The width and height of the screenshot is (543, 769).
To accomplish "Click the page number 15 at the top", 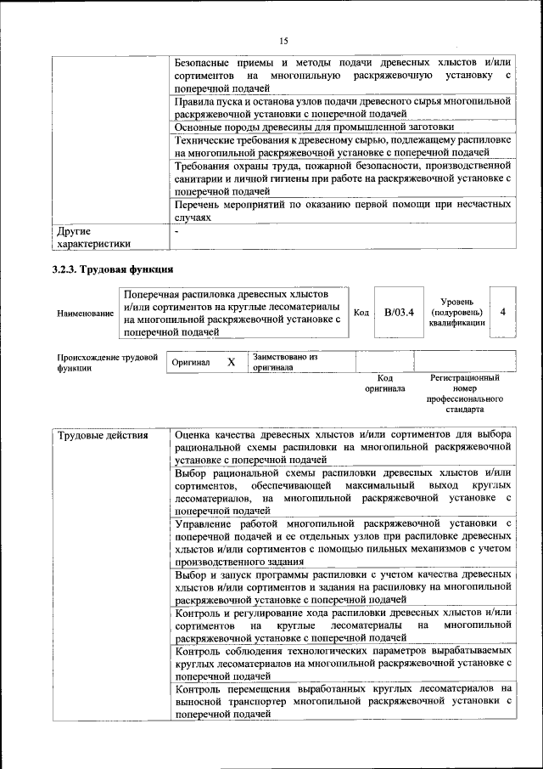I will pos(283,41).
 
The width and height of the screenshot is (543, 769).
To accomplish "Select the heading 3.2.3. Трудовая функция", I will pos(113,269).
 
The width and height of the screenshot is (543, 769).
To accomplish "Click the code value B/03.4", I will pos(399,313).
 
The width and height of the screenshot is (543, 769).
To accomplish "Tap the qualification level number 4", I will pos(504,312).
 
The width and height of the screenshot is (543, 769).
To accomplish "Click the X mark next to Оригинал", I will pos(231,362).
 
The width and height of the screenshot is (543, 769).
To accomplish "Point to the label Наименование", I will pos(85,314).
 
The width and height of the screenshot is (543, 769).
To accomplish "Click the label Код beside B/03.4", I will pos(360,313).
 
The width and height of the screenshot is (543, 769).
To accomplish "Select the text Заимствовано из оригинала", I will pos(284,363).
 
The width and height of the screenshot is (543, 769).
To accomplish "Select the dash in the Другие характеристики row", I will pos(176,230).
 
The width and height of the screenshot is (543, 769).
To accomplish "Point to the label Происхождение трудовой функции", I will pos(107,363).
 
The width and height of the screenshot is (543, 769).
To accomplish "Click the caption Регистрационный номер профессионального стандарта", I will pos(464,393).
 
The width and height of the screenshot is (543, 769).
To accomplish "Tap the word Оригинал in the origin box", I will pos(191,363).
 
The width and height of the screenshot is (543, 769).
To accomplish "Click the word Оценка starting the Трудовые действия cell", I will pos(196,435).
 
